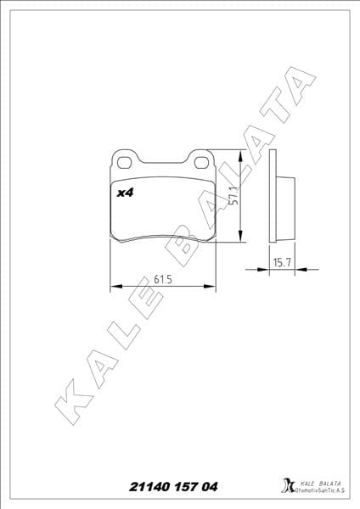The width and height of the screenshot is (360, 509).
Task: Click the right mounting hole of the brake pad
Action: [202, 159]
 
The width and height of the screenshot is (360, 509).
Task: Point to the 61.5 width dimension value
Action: [163, 278]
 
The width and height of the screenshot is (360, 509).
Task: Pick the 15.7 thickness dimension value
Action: [282, 264]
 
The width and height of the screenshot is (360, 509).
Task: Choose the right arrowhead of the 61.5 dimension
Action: [211, 287]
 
